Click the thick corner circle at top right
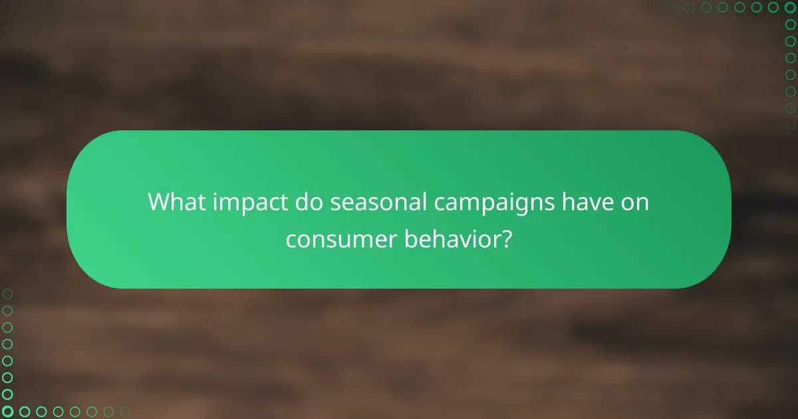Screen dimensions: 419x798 791,7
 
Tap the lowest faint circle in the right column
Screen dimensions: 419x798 791,124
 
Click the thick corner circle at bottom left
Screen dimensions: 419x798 7,412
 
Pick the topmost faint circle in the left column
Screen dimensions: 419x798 7,293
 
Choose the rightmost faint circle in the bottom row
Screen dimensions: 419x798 126,412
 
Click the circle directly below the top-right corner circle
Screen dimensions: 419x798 791,24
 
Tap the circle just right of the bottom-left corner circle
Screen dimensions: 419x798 24,412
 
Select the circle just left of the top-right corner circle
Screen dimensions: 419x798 774,7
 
